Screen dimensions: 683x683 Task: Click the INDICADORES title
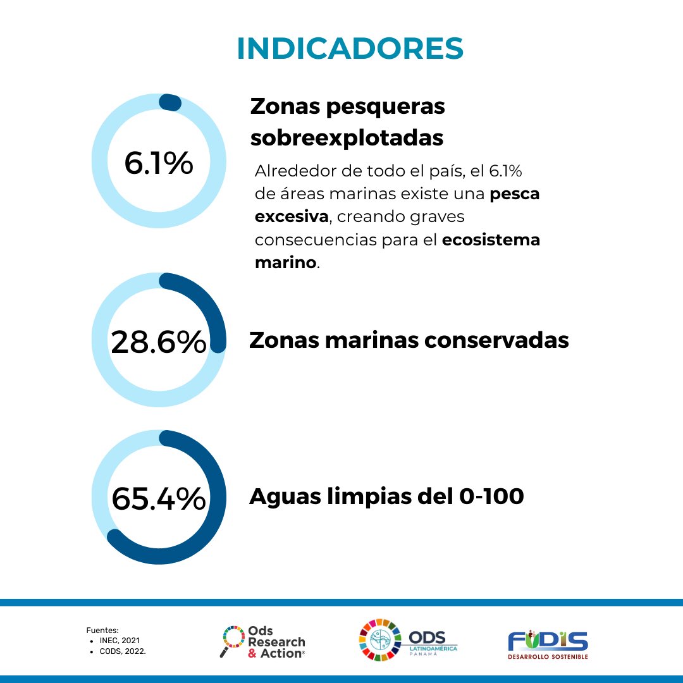click(x=350, y=49)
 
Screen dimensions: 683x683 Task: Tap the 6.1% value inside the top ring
click(x=159, y=163)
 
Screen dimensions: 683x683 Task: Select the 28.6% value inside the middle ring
click(x=159, y=342)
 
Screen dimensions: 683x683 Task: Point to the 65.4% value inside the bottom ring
click(x=159, y=498)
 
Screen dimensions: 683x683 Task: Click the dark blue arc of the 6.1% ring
click(x=170, y=102)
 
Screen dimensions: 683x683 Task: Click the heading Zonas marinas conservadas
click(x=409, y=340)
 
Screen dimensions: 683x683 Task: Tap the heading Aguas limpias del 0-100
click(x=386, y=496)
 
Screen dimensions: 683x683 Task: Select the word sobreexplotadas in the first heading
click(x=347, y=137)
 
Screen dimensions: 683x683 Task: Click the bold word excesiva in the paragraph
click(x=292, y=217)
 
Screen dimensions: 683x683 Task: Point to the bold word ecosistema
click(x=491, y=240)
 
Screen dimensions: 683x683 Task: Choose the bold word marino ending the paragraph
click(x=285, y=262)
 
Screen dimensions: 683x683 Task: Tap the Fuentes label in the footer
click(x=102, y=631)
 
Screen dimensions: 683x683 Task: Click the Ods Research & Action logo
click(x=263, y=641)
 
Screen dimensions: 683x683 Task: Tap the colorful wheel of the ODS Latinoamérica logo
click(x=380, y=640)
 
